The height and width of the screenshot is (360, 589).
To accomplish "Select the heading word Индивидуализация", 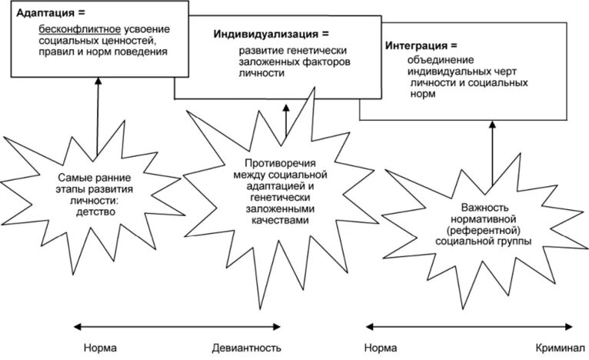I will pos(260,34).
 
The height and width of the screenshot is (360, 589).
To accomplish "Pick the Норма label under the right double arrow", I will pos(381,348).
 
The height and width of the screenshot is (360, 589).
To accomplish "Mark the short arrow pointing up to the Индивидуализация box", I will pos(285,119).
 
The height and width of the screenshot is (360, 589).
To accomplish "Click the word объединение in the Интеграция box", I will pos(441,59).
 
